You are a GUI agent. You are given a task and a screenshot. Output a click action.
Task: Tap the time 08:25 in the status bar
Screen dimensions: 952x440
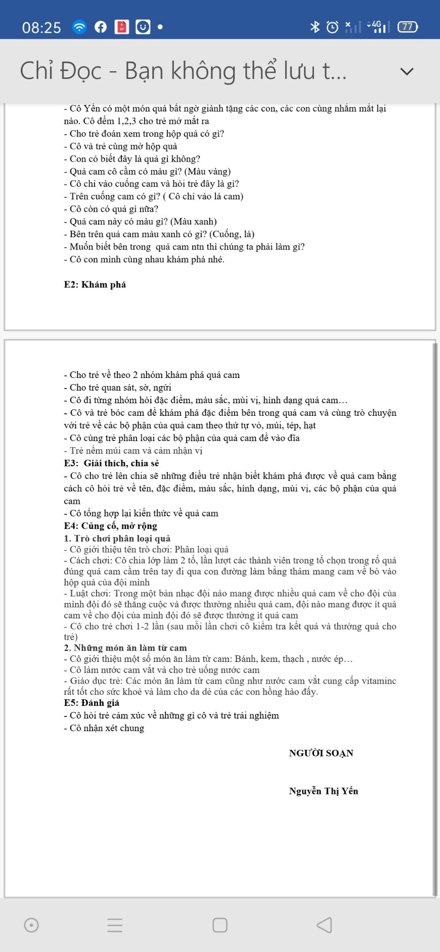(x=41, y=27)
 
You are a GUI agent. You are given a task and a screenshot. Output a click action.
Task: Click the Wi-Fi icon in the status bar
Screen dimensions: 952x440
(x=79, y=27)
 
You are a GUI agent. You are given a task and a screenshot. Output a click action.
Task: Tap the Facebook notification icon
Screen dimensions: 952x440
(x=101, y=27)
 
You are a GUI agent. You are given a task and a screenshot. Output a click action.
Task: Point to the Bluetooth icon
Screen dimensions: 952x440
(x=315, y=27)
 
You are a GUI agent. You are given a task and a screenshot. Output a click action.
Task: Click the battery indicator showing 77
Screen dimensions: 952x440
(x=408, y=27)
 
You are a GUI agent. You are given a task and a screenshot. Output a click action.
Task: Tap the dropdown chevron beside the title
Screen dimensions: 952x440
(x=407, y=71)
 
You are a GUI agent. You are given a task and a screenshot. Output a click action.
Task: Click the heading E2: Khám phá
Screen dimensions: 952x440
(x=95, y=284)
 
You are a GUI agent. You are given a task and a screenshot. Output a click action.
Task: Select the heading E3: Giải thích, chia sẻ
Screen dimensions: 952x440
(x=111, y=463)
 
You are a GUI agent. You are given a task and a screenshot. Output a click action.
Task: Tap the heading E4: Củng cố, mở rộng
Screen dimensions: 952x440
(x=110, y=526)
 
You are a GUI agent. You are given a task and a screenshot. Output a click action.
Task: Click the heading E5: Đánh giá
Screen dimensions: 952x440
(x=92, y=702)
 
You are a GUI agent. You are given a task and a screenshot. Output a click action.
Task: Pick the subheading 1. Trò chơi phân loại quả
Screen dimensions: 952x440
(x=117, y=538)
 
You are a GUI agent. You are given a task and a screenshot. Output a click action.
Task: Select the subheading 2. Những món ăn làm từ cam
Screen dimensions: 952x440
(x=125, y=648)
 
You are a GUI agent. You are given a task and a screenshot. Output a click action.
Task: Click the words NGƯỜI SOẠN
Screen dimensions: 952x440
(x=321, y=753)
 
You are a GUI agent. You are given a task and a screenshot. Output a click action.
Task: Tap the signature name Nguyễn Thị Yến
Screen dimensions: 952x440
(x=323, y=791)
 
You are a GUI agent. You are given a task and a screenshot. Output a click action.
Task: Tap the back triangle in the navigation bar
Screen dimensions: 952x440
(x=324, y=925)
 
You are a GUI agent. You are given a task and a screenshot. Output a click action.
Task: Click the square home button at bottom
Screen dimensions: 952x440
(x=220, y=925)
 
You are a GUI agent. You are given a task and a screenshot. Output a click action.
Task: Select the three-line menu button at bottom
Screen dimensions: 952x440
(x=115, y=925)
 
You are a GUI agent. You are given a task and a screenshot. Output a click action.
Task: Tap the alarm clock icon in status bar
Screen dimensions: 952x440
(x=332, y=27)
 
